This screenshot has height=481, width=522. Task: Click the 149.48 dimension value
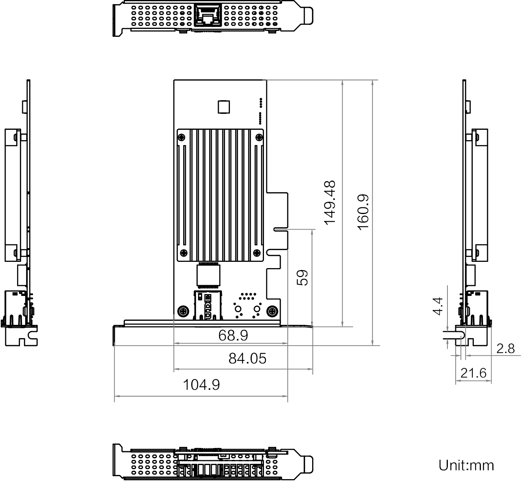[x=330, y=202]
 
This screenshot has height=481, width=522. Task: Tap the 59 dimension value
[x=303, y=277]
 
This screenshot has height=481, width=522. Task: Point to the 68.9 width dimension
[x=233, y=336]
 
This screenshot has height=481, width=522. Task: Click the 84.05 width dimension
[x=247, y=359]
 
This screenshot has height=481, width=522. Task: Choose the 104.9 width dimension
[x=201, y=385]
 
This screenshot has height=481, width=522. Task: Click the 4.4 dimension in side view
[x=438, y=306]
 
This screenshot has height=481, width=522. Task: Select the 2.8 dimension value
[x=506, y=349]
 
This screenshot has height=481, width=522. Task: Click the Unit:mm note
[x=466, y=465]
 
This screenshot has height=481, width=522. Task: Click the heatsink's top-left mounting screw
[x=182, y=138]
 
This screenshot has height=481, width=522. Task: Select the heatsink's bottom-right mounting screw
[x=257, y=253]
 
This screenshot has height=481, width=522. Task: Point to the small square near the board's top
[x=223, y=107]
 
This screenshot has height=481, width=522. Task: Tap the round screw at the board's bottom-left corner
[x=182, y=312]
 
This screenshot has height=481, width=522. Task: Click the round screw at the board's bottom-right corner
[x=272, y=312]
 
